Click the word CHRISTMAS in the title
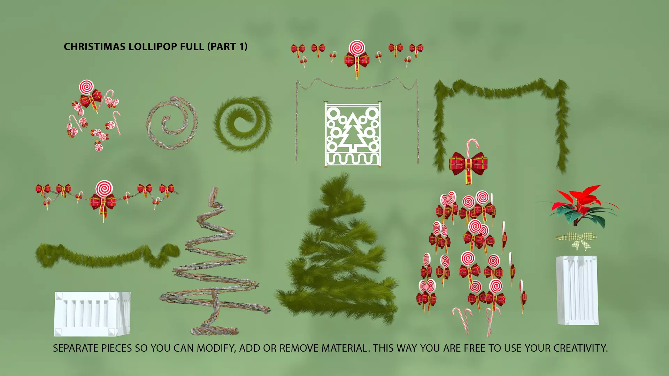pyautogui.click(x=95, y=47)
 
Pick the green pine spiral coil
pyautogui.click(x=243, y=124)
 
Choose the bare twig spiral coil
pyautogui.click(x=172, y=123)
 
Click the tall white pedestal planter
pyautogui.click(x=577, y=290)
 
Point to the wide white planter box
pyautogui.click(x=92, y=314)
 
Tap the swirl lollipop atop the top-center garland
pyautogui.click(x=356, y=48)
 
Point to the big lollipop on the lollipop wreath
pyautogui.click(x=86, y=87)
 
